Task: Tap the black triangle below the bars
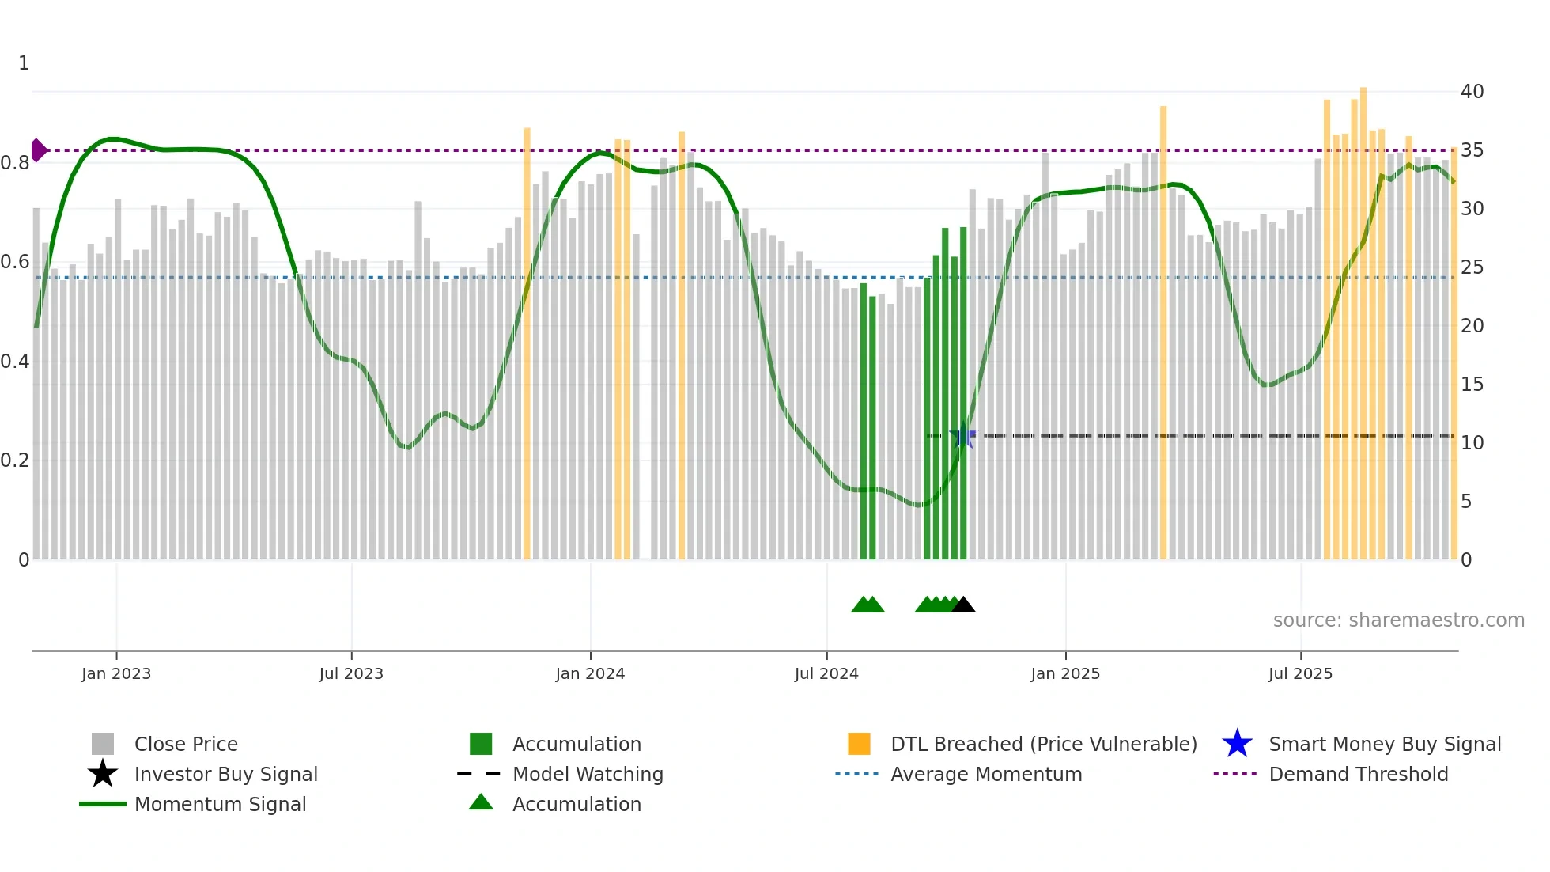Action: click(x=963, y=605)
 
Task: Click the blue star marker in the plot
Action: click(x=962, y=436)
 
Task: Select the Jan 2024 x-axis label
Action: click(x=590, y=673)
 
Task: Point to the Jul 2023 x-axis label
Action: click(x=351, y=673)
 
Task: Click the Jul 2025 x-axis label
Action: click(x=1300, y=673)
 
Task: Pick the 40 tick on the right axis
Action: click(x=1472, y=92)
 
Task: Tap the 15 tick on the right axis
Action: click(x=1472, y=385)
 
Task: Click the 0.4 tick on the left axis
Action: click(x=15, y=362)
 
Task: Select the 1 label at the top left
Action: click(x=24, y=63)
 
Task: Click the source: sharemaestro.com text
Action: click(x=1398, y=620)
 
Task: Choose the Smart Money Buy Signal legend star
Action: click(x=1237, y=744)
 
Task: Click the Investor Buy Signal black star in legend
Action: click(x=103, y=774)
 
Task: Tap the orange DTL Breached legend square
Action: click(x=859, y=744)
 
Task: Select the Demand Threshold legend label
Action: click(x=1358, y=774)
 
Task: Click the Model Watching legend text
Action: click(x=588, y=774)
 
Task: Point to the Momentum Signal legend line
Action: click(x=103, y=804)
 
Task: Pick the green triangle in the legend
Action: click(x=481, y=802)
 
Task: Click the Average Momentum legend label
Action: click(x=986, y=774)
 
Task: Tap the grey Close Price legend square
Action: click(x=103, y=744)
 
